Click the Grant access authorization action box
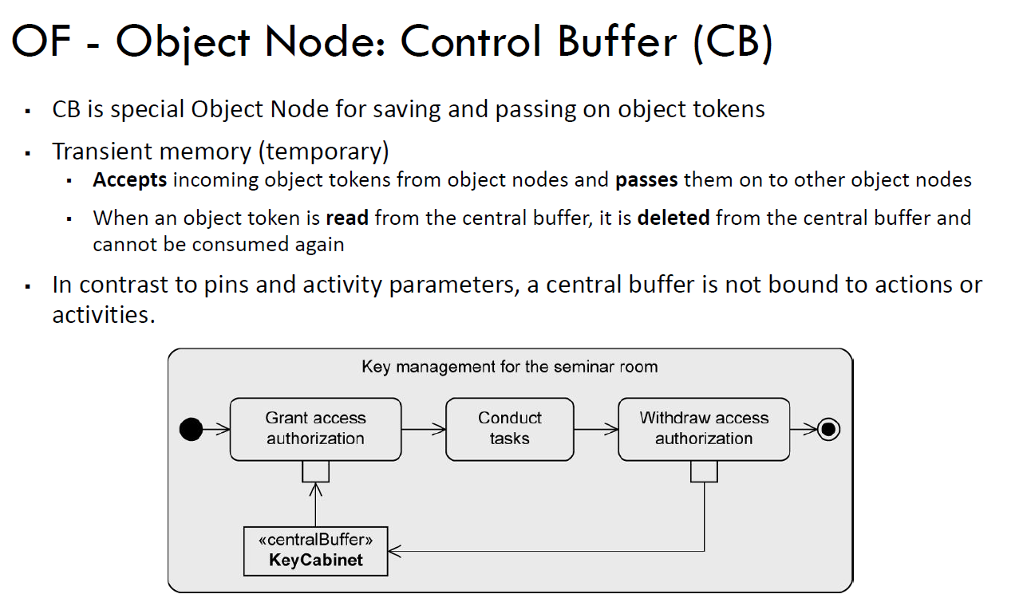(315, 429)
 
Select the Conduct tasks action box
(509, 429)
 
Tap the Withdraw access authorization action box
(704, 429)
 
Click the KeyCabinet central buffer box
(315, 551)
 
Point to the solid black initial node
(191, 430)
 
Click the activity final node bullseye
(828, 430)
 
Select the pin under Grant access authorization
(315, 472)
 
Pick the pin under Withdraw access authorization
(704, 472)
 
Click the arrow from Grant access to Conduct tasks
(424, 430)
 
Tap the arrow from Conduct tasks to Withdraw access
(596, 430)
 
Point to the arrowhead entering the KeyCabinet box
(396, 551)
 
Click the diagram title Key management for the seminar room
(509, 368)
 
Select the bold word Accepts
(129, 180)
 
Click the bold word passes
(646, 180)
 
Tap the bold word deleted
(674, 218)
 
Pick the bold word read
(347, 218)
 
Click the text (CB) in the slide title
(733, 41)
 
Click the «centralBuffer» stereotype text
(315, 540)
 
